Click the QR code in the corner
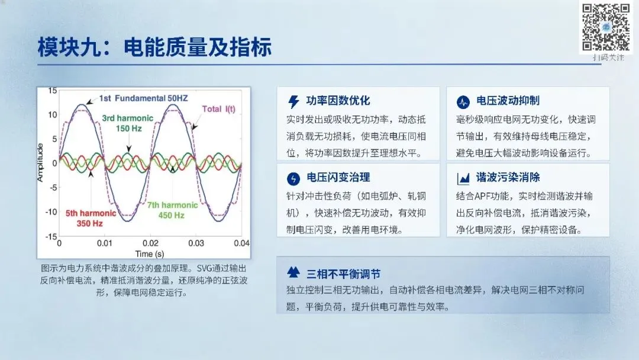coord(606,27)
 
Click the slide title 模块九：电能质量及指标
coord(154,47)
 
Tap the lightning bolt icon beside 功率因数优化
coord(293,101)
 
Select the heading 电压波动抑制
coord(508,101)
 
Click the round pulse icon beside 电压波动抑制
coord(463,102)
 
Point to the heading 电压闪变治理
coord(338,178)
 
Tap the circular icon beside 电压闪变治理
coord(293,179)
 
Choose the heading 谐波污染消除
coord(508,178)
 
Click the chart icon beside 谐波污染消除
coord(463,179)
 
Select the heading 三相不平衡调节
coord(344,274)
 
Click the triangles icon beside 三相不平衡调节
coord(293,272)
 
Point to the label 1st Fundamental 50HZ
coord(143,98)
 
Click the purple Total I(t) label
coord(219,110)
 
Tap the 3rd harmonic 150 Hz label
coord(128,124)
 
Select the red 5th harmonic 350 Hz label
coord(91,218)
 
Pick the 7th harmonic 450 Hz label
coord(172,210)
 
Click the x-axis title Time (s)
coord(150,254)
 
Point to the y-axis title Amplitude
coord(40,162)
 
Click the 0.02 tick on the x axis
coord(150,243)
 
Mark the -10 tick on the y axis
coord(51,212)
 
